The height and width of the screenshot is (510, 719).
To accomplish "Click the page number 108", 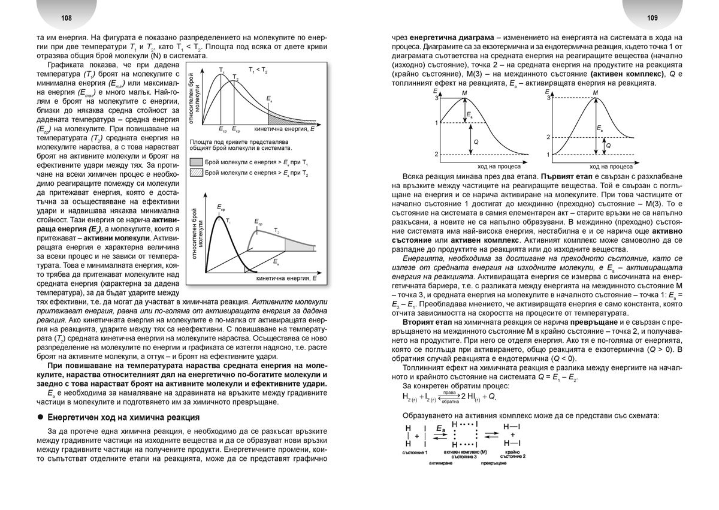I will coord(67,19).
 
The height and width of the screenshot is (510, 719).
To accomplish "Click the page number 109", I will coord(652,19).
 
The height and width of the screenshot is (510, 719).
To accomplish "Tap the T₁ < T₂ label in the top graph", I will coord(258,70).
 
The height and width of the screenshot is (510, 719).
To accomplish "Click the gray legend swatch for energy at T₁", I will coord(196,162).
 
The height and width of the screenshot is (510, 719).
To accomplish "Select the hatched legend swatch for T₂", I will coord(196,173).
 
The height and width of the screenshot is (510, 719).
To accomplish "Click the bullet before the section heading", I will coord(40,417).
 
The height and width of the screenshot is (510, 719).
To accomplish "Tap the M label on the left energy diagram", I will coord(465,93).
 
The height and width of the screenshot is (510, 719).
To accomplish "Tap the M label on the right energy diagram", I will coord(594,93).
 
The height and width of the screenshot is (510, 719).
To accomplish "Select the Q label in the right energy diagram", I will coord(609,146).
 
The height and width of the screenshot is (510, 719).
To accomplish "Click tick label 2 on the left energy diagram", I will coord(436,155).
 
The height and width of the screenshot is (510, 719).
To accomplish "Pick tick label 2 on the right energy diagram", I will coord(548,137).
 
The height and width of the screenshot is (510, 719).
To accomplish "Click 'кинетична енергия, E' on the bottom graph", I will coord(286,279).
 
